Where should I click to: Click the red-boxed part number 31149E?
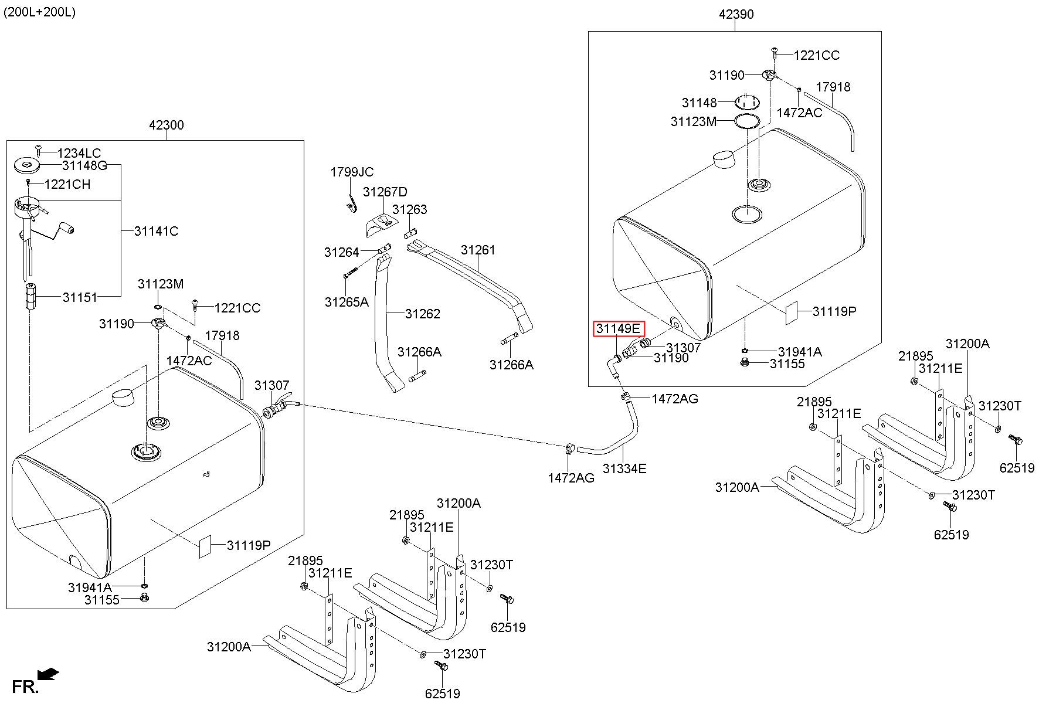coord(619,329)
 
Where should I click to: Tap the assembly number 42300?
coord(167,125)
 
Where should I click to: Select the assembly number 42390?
coord(736,14)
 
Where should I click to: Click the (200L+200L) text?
coord(40,12)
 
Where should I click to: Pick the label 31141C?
coord(156,231)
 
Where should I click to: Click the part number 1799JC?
coord(352,172)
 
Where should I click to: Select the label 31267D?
coord(385,192)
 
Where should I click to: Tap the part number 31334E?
coord(624,468)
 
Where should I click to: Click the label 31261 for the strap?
coord(478,250)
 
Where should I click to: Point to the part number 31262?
coord(422,314)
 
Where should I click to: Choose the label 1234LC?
coord(79,154)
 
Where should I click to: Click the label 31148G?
coord(84,166)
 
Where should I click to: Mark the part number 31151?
coord(80,297)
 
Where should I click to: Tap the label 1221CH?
coord(67,184)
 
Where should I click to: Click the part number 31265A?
coord(347,302)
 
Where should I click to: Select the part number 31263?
coord(410,210)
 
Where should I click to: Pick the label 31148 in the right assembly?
coord(699,103)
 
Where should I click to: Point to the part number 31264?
coord(341,252)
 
